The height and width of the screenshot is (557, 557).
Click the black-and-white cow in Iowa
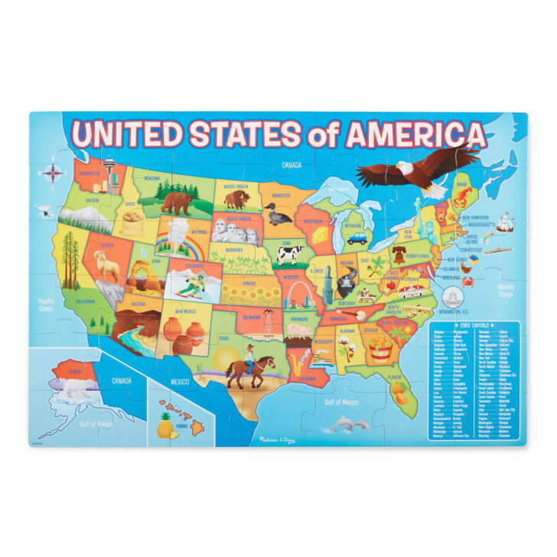[x=290, y=255]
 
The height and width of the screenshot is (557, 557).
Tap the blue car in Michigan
[x=356, y=238]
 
